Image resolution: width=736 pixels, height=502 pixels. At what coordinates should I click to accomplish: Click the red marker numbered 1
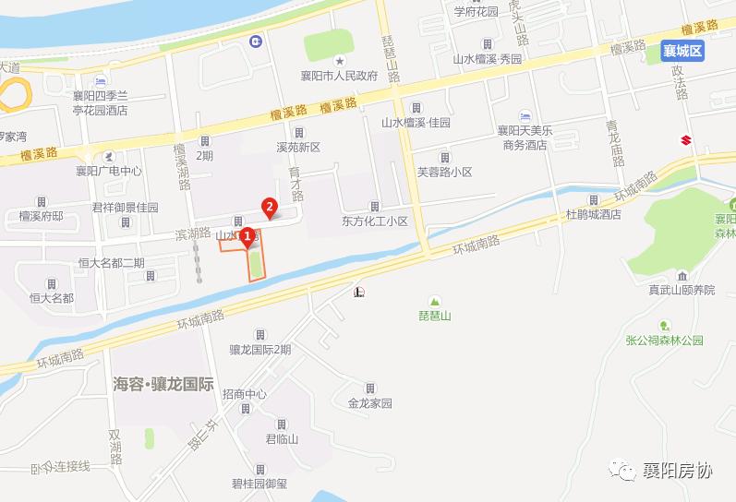point(247,236)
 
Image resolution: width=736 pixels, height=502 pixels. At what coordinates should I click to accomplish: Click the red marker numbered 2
point(269,207)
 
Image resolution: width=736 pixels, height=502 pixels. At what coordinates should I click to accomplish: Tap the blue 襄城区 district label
point(683,52)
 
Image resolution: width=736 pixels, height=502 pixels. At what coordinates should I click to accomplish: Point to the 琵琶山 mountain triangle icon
point(432,301)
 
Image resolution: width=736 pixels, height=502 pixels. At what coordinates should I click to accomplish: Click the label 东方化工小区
point(374,221)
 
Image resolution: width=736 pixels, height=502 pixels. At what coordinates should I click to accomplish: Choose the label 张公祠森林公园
point(665,340)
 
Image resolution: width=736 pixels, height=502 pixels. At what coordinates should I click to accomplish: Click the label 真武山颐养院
point(682,290)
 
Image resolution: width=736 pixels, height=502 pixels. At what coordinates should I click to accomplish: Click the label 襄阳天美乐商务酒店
point(525,137)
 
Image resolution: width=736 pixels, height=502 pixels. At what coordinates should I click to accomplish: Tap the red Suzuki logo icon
point(686,140)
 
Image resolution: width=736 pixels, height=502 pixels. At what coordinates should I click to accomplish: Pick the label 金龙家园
point(370,403)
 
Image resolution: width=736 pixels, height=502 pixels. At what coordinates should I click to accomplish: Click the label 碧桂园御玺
point(259,483)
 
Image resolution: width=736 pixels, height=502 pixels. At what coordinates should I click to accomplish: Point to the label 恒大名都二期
point(112,263)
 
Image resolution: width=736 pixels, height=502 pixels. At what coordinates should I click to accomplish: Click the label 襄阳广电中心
point(109,171)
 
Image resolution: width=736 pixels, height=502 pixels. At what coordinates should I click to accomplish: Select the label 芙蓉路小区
point(444,172)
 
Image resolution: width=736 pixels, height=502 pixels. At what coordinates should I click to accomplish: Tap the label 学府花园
point(476,12)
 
